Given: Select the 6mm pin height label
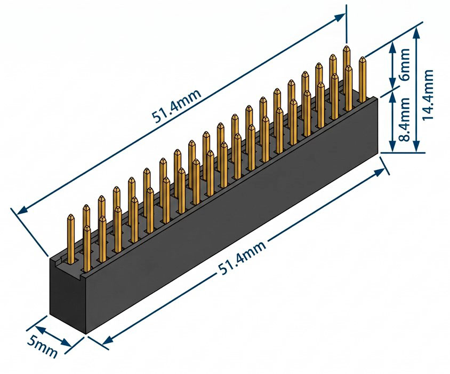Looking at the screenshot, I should coord(405,64).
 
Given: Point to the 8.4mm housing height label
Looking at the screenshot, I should coord(405,120).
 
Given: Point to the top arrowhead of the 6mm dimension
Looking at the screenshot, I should coord(392,45).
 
